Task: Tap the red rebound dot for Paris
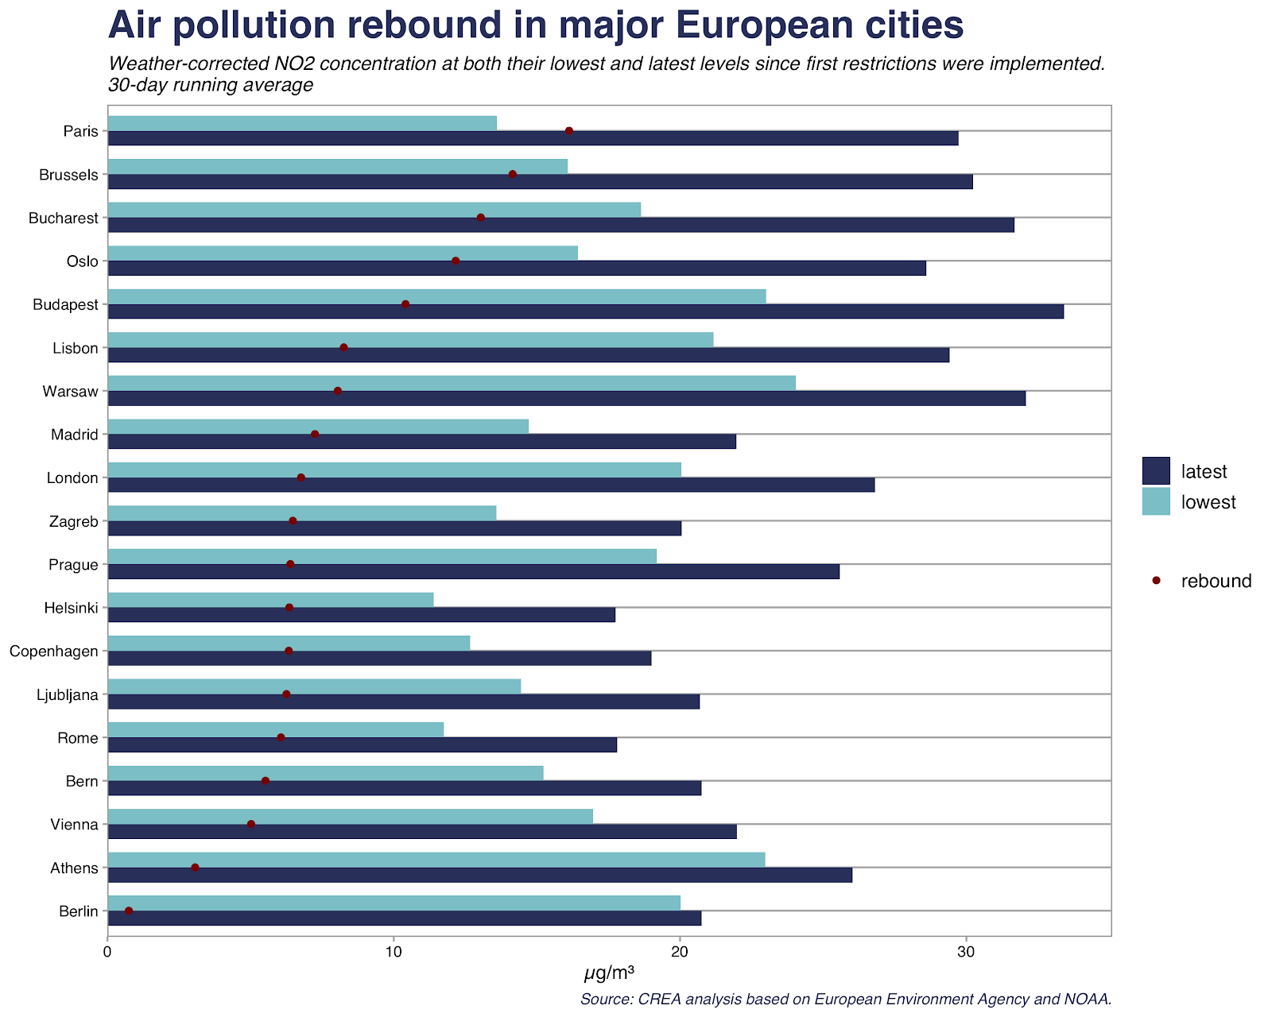click(x=569, y=131)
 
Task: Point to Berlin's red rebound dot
click(x=129, y=911)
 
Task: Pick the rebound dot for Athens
click(x=195, y=868)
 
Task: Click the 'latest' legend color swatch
click(x=1156, y=470)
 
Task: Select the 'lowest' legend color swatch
click(x=1156, y=501)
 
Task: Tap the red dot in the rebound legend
click(x=1156, y=581)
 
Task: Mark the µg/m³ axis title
click(x=609, y=973)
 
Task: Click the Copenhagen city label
click(x=54, y=652)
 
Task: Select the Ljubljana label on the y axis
click(x=68, y=695)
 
